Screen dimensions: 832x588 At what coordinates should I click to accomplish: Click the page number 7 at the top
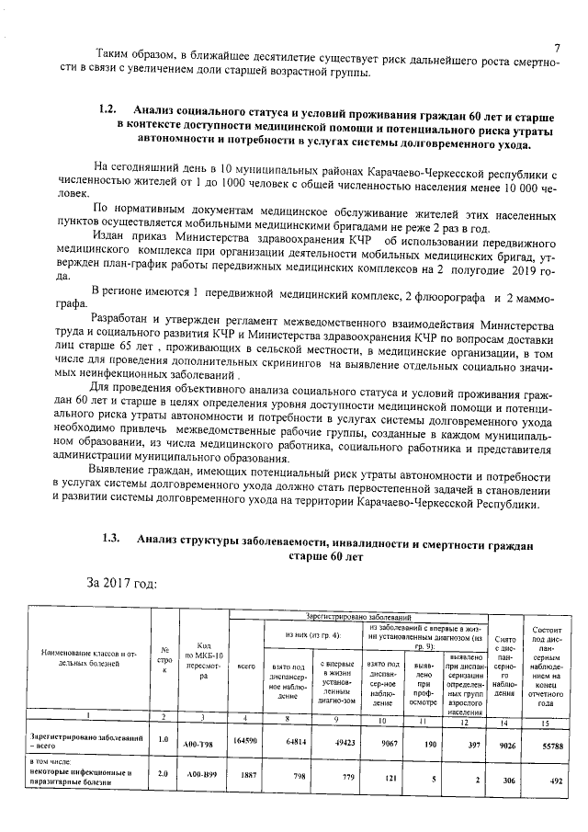pyautogui.click(x=557, y=48)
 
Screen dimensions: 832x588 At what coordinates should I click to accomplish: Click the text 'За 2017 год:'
pyautogui.click(x=124, y=582)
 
